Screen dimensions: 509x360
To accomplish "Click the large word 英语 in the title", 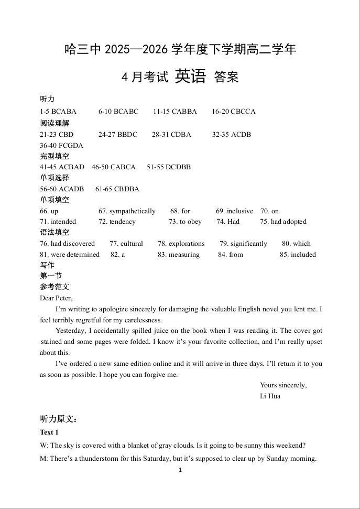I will coord(190,77).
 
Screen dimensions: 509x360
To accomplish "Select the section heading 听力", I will coord(47,100).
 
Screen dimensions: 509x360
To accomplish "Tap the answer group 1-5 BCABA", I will coord(58,112).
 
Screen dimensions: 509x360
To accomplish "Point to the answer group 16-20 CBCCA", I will coord(234,112).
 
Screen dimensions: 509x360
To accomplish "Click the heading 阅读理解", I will coord(54,123).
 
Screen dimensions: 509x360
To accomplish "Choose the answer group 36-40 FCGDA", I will coord(61,145).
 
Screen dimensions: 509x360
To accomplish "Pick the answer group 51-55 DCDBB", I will coord(169,167).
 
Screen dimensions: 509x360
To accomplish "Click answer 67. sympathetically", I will coord(127,211).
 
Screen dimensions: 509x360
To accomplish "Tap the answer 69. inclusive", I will coord(234,211).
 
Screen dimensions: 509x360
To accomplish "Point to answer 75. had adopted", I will coord(283,222).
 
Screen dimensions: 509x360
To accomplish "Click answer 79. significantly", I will coord(243,244).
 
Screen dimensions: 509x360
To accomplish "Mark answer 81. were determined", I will coord(70,255).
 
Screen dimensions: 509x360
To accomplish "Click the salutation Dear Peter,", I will coord(56,298).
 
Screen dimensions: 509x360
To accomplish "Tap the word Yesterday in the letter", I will coord(71,331).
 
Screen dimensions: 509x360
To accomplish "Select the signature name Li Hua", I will coord(270,396).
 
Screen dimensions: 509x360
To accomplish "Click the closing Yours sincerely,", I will coord(283,385).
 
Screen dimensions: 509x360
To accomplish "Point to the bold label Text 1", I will coord(49,432).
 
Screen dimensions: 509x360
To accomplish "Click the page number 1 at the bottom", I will coord(180,470).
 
